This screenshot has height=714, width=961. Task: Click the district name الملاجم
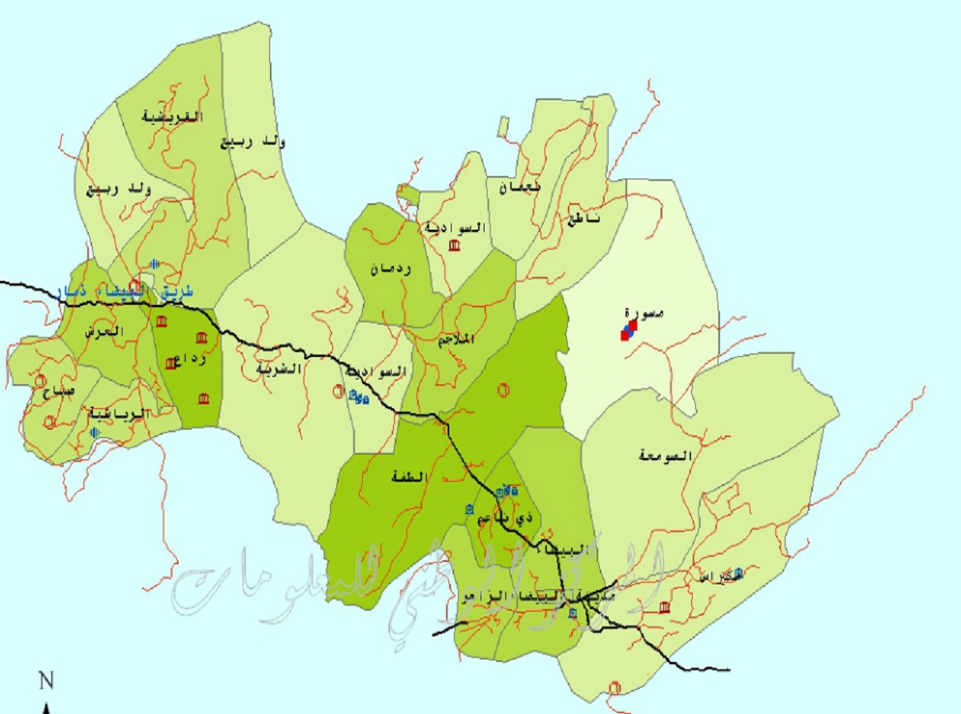pos(456,339)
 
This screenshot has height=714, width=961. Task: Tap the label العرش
pos(106,331)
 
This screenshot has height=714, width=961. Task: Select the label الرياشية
pos(118,413)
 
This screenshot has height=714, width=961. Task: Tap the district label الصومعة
pos(665,455)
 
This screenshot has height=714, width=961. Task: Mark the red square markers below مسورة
pos(628,331)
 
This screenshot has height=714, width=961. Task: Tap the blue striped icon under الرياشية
pos(96,432)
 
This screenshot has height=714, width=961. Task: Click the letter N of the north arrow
pos(46,682)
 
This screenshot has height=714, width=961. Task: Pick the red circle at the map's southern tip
pos(615,686)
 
